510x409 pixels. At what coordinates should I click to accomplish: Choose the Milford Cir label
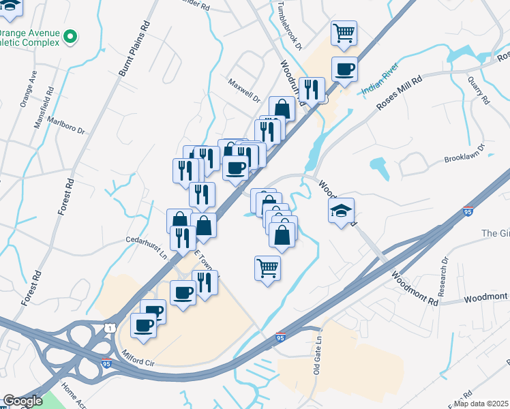tap(139, 357)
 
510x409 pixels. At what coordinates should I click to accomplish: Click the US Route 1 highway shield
tap(109, 329)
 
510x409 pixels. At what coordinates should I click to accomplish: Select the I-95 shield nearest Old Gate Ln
tap(280, 337)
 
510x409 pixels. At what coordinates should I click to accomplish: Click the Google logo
tap(22, 402)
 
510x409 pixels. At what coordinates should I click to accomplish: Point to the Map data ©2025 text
tap(481, 404)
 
